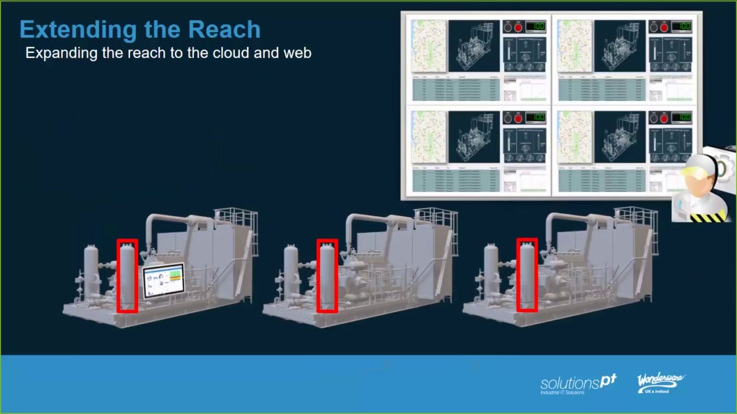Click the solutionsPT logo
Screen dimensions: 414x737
click(x=578, y=384)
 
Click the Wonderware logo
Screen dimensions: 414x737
click(x=660, y=382)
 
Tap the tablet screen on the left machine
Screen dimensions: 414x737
click(x=164, y=280)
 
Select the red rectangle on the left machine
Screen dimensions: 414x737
click(x=127, y=276)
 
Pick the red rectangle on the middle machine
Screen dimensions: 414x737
click(x=327, y=276)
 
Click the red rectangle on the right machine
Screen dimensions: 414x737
click(x=527, y=275)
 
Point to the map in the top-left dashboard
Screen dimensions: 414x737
click(x=429, y=46)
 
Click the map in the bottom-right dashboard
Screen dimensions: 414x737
click(x=575, y=137)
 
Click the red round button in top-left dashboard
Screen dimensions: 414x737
click(x=518, y=27)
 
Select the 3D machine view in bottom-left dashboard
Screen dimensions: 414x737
click(x=474, y=137)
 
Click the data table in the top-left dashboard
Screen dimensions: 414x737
click(x=455, y=89)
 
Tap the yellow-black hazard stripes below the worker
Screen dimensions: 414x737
click(x=708, y=217)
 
